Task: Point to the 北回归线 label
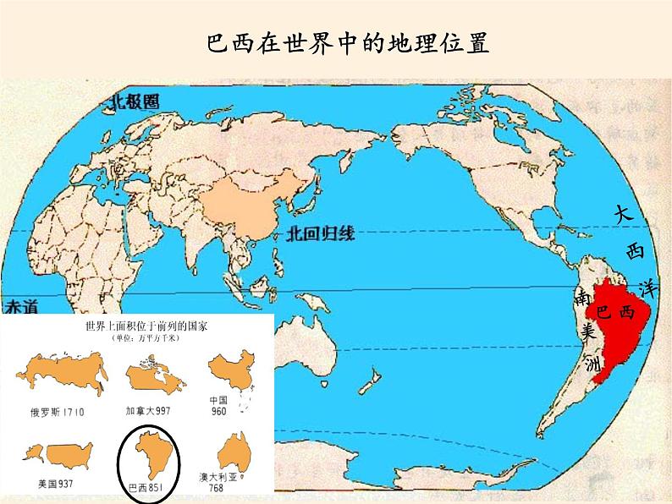tap(320, 234)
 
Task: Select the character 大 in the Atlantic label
tap(624, 215)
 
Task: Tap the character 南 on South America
tap(581, 299)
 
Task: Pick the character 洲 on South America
tap(592, 364)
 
